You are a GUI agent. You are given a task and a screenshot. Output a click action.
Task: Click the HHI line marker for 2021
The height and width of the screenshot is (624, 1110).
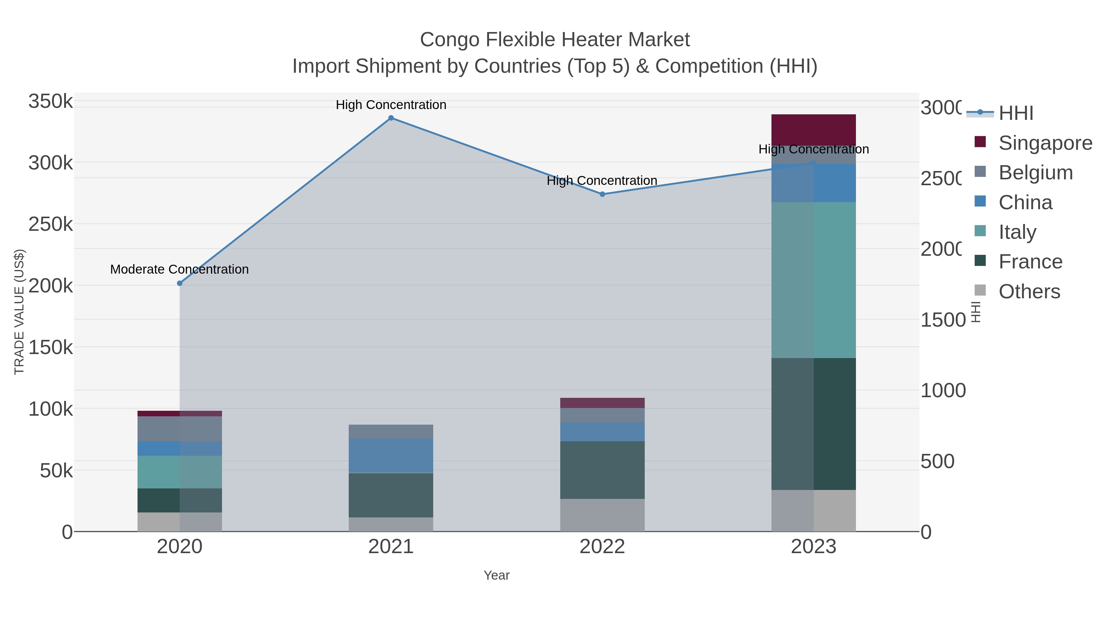click(x=391, y=118)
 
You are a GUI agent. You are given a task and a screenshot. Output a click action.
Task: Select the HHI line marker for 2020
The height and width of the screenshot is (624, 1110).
click(x=180, y=283)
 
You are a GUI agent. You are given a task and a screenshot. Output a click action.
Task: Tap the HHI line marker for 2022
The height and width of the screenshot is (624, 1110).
click(x=602, y=194)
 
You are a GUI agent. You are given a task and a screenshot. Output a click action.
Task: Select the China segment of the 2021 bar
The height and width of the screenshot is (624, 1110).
click(x=391, y=456)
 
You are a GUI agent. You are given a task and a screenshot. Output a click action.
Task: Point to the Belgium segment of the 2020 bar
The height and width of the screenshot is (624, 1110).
click(x=180, y=429)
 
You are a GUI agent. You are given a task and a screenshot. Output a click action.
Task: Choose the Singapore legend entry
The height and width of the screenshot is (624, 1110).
click(x=1045, y=143)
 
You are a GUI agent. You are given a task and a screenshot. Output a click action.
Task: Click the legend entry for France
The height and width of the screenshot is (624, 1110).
click(x=1030, y=262)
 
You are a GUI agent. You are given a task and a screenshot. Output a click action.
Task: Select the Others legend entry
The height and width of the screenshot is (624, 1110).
click(x=1029, y=292)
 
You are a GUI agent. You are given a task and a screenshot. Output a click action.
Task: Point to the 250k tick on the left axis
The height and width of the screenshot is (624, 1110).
click(x=51, y=224)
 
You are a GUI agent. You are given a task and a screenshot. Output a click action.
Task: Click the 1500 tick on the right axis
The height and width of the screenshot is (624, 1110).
click(x=943, y=320)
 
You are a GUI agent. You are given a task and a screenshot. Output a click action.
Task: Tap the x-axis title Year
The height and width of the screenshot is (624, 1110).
click(x=496, y=575)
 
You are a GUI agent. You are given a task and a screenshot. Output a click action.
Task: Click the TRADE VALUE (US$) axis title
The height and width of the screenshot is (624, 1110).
click(x=19, y=312)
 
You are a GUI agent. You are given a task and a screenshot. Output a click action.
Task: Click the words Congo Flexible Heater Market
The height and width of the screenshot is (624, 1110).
click(x=555, y=40)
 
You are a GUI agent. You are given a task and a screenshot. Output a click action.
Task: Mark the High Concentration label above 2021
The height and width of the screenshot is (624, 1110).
click(x=391, y=105)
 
